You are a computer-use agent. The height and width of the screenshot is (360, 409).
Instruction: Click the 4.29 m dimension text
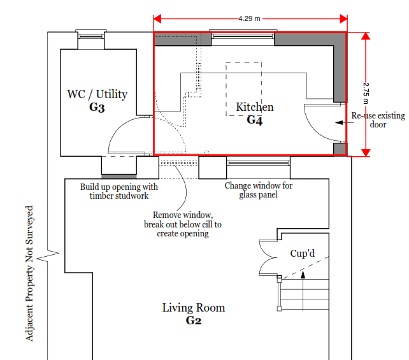[x=249, y=18]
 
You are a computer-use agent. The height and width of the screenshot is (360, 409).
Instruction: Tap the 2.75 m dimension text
[x=366, y=93]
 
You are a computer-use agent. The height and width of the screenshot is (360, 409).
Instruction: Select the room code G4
[x=255, y=120]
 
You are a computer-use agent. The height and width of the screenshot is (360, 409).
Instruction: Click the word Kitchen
[x=255, y=107]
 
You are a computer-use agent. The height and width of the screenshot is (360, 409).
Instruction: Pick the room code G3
[x=97, y=107]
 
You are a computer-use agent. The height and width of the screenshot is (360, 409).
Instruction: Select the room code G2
[x=194, y=320]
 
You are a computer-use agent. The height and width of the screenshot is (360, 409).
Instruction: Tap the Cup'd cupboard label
[x=303, y=254]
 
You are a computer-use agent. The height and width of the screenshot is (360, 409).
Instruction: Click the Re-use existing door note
[x=378, y=120]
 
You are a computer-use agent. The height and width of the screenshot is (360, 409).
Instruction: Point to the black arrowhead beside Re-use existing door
[x=339, y=122]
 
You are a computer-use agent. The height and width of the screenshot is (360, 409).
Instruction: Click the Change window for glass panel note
[x=259, y=190]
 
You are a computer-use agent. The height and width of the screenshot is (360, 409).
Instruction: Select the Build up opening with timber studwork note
[x=119, y=191]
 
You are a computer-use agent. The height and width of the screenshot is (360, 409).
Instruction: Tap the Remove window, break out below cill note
[x=183, y=224]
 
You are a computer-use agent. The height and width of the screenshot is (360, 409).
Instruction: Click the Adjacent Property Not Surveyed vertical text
[x=29, y=273]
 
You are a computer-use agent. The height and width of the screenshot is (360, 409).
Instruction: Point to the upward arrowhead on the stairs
[x=303, y=275]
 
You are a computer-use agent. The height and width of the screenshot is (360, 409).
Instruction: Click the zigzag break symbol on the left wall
[x=48, y=256]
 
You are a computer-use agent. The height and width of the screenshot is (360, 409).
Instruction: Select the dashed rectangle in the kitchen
[x=243, y=89]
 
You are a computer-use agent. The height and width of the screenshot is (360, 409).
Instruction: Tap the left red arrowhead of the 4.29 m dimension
[x=157, y=18]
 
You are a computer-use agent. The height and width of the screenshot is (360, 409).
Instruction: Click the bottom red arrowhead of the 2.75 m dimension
[x=366, y=153]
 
